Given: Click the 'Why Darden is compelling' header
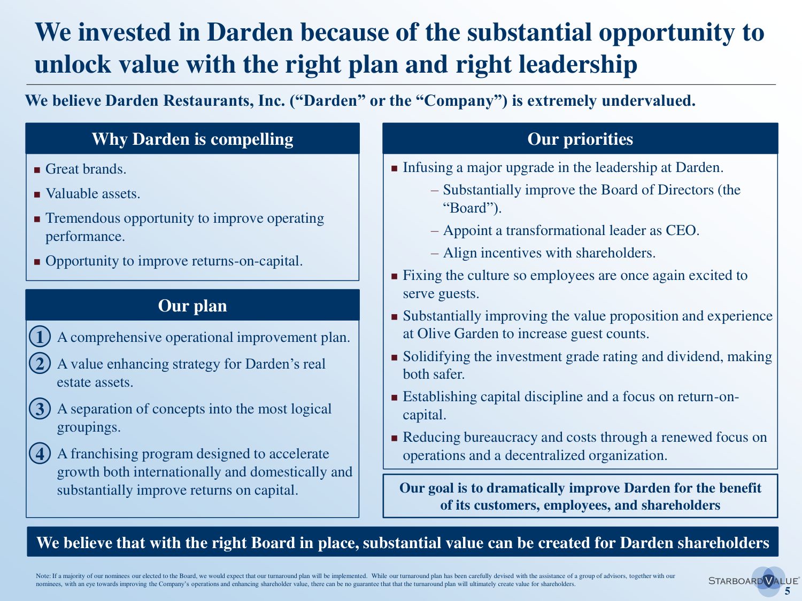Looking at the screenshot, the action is pos(192,139).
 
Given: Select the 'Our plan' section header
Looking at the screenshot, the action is pos(192,306).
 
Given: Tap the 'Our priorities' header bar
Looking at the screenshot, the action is pos(580,139).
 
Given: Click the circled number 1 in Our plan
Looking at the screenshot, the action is pos(40,337).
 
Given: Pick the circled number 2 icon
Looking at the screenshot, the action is pos(40,363).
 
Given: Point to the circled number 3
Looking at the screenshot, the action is pos(40,409).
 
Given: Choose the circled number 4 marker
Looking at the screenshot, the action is pos(40,454).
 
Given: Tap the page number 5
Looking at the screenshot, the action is pos(788,591).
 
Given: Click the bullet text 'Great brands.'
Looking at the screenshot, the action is pos(86,169).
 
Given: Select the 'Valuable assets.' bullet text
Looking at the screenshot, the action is pos(93,193).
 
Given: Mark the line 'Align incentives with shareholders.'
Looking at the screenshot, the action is pos(549,253).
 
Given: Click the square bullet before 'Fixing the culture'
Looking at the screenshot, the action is pos(394,276).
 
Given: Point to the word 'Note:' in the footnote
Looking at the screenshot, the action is pos(43,576).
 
